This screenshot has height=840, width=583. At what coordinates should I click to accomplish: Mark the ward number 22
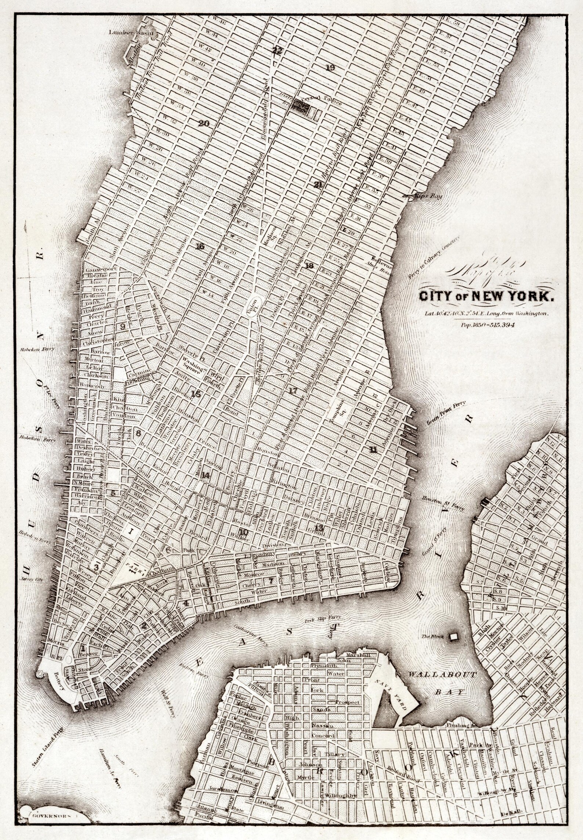(x=277, y=51)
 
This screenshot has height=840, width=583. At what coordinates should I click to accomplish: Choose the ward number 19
(x=330, y=68)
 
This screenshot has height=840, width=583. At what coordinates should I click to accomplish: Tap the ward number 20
(x=204, y=124)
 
